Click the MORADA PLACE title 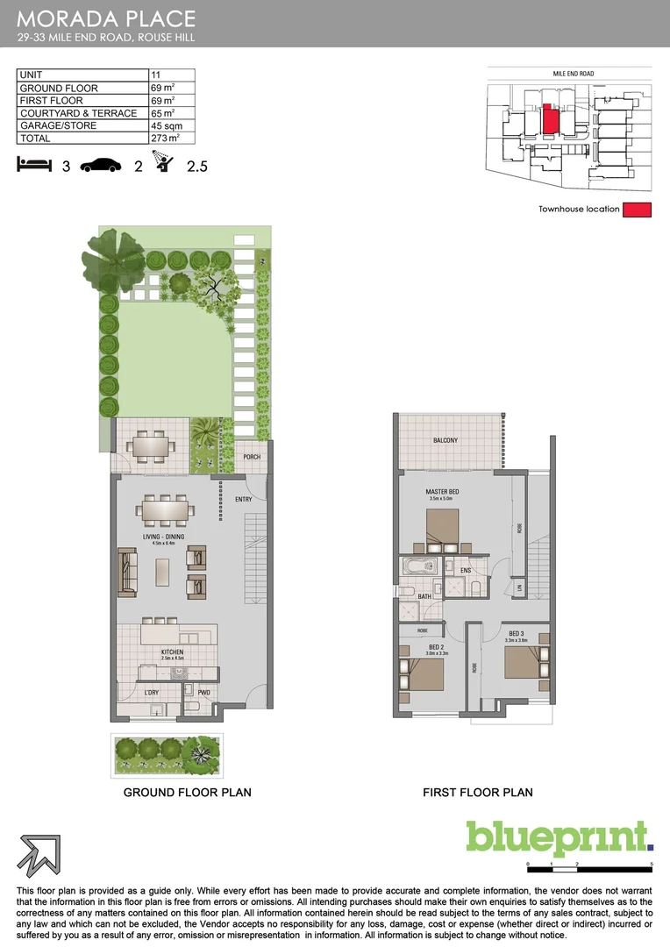tap(106, 18)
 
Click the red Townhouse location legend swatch tap(637, 210)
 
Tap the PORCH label tap(252, 457)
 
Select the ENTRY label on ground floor tap(243, 500)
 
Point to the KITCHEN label tap(171, 652)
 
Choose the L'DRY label tap(152, 694)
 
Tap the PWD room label tap(203, 694)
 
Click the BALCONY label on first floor tap(445, 440)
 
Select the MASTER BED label tap(442, 492)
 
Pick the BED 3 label tap(516, 634)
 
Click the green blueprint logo tap(559, 839)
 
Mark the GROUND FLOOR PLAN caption tap(187, 793)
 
